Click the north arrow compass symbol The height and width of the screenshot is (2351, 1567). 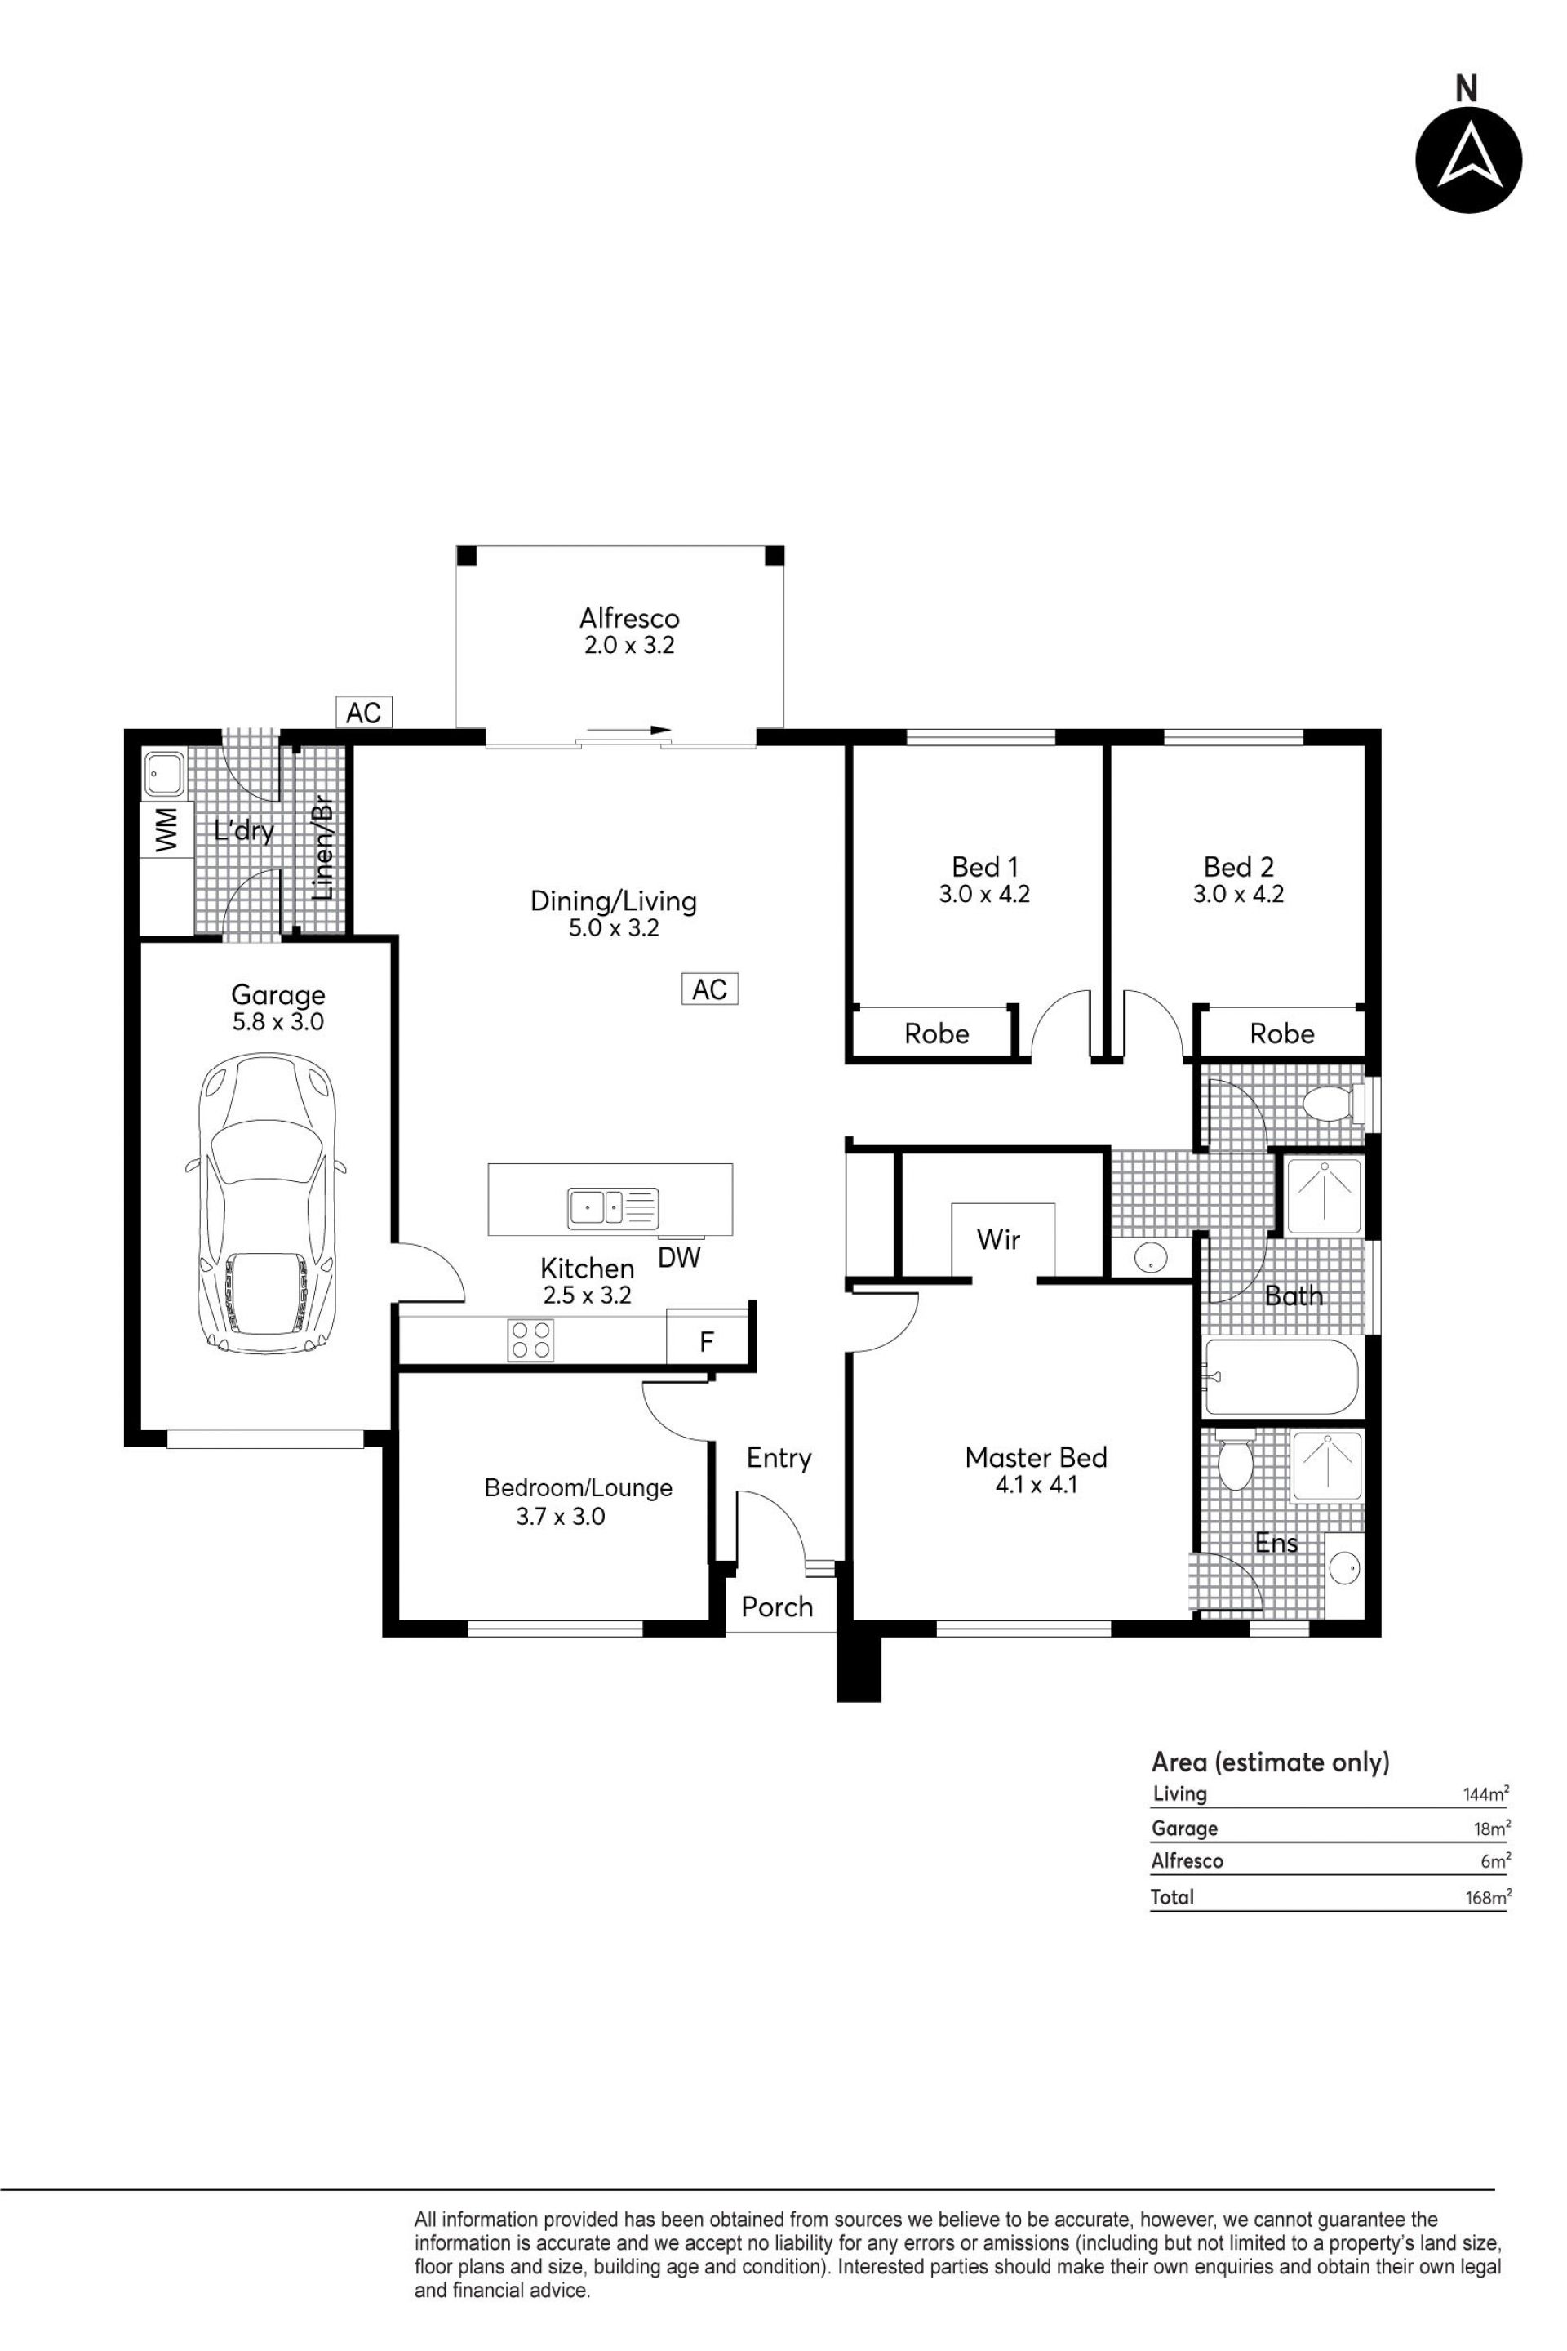click(1468, 160)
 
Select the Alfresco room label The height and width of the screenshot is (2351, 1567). click(628, 618)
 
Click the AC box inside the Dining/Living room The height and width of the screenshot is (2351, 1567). click(709, 989)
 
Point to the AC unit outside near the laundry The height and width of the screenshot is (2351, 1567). click(364, 712)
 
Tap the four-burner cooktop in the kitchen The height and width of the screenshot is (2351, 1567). click(530, 1340)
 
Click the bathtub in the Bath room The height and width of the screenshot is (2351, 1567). click(1283, 1376)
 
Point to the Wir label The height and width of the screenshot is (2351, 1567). click(998, 1239)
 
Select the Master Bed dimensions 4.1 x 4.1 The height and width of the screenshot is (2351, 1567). click(1037, 1486)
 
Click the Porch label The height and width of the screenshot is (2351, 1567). click(778, 1607)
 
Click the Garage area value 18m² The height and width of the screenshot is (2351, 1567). click(1492, 1829)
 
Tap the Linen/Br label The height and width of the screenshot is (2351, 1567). click(322, 849)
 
